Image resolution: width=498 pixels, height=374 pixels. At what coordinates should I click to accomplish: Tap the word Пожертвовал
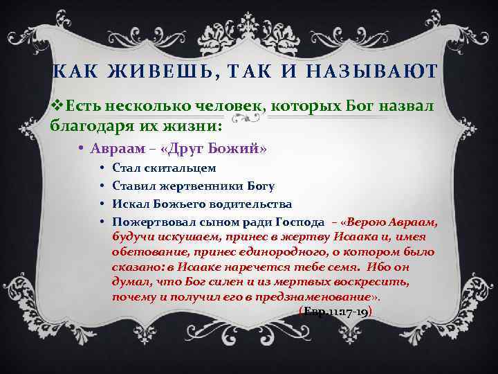tap(152, 222)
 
